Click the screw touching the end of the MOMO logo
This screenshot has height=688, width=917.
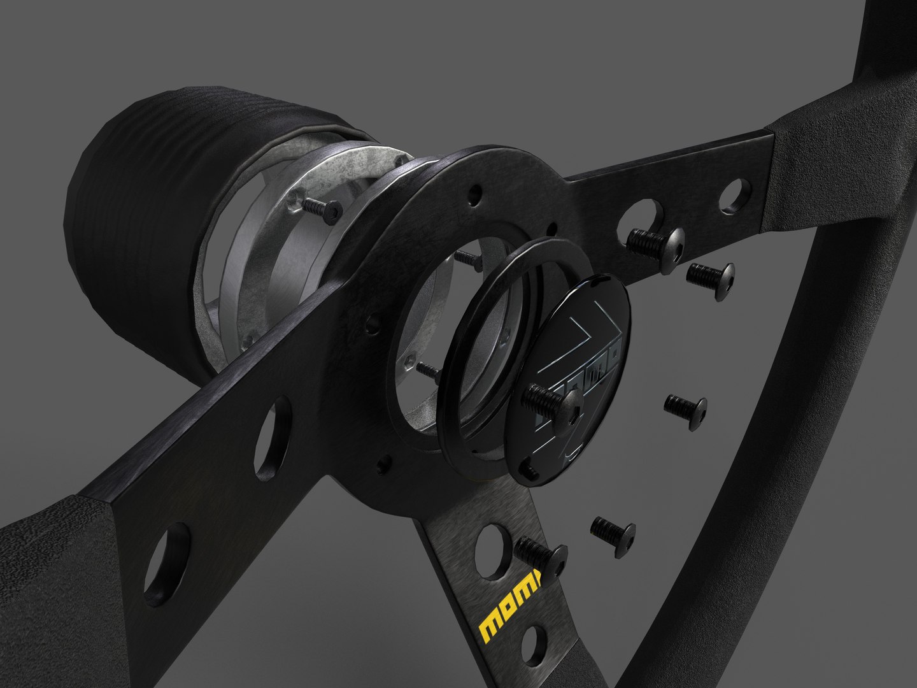tap(541, 550)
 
